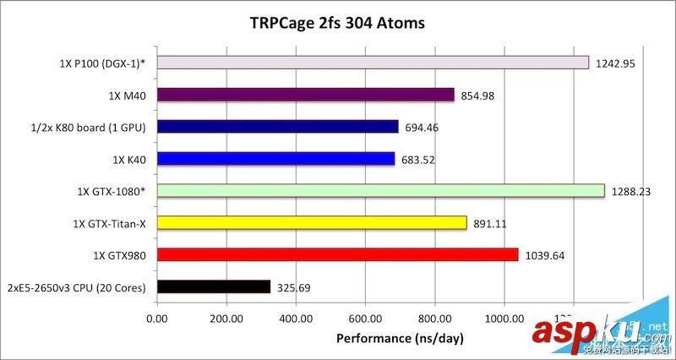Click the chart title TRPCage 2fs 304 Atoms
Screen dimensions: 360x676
pos(337,23)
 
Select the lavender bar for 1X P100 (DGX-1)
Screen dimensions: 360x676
pos(373,63)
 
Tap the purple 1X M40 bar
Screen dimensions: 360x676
pos(306,95)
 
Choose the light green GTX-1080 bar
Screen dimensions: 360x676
pos(381,191)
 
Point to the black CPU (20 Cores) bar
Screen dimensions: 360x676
pos(214,287)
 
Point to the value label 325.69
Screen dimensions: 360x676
pos(294,287)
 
